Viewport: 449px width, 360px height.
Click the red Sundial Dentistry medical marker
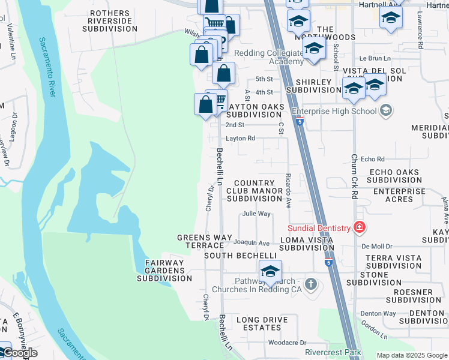click(359, 227)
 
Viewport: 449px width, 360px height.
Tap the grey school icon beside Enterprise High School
click(385, 110)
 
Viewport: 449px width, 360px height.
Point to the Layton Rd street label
click(240, 138)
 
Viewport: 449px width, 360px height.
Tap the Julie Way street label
click(256, 214)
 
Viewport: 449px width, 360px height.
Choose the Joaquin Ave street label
click(252, 243)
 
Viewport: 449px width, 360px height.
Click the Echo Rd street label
click(372, 159)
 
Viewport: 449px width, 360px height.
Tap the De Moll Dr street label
click(376, 246)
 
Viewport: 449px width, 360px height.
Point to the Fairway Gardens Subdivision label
click(164, 270)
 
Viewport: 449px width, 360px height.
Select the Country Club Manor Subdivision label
click(255, 191)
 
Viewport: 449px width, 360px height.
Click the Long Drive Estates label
click(259, 323)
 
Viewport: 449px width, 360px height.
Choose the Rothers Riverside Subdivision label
click(109, 20)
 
